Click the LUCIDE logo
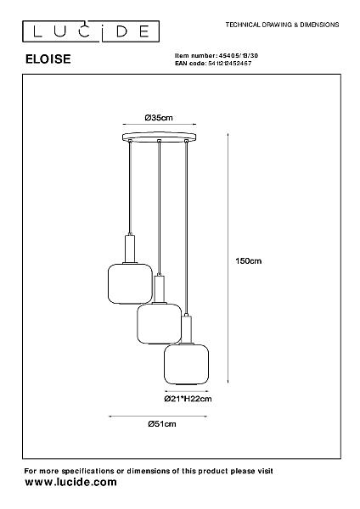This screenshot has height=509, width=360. (x=91, y=31)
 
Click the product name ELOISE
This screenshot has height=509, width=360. (x=48, y=59)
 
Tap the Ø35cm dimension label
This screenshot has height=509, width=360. (x=159, y=118)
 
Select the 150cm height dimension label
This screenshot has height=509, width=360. (x=249, y=260)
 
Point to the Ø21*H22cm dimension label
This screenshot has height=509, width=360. (x=188, y=399)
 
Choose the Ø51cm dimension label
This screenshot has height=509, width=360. (x=162, y=423)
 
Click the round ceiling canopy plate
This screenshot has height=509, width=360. (x=160, y=137)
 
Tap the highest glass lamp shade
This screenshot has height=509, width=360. (x=130, y=283)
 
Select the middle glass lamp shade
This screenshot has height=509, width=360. (x=159, y=323)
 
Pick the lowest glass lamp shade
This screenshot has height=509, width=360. (x=186, y=364)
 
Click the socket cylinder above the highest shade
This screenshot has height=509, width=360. (x=130, y=249)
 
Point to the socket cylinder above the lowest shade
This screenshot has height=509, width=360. (x=186, y=329)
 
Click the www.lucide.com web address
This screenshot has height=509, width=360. (x=70, y=482)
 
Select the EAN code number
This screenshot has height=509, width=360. (x=229, y=64)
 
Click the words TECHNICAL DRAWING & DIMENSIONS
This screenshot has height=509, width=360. (x=282, y=25)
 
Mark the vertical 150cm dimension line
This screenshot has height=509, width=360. (x=228, y=258)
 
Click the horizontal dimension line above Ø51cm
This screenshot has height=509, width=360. (x=158, y=416)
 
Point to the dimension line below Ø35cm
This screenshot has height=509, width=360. (x=160, y=124)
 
